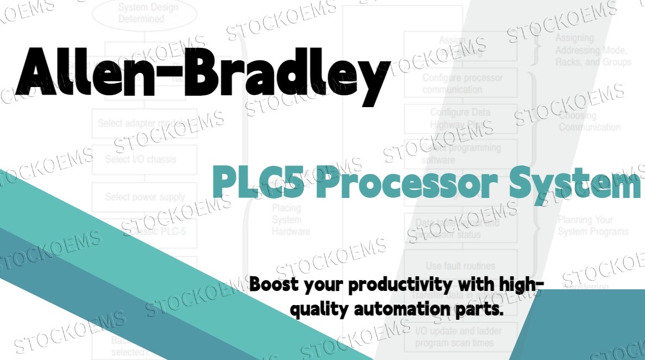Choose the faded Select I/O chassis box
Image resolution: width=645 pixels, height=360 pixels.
[x=141, y=160]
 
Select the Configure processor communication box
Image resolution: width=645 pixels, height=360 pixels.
[x=462, y=84]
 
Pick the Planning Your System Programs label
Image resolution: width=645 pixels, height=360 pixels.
[x=593, y=226]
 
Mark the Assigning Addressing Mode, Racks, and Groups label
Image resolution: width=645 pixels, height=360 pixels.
[x=593, y=50]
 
